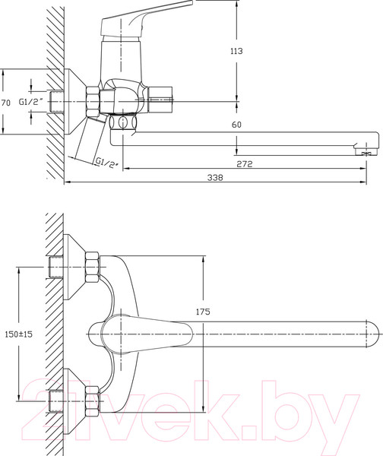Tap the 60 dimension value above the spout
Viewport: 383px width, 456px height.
point(237,125)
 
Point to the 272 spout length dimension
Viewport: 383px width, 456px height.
point(244,164)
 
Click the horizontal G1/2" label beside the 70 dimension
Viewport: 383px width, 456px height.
point(32,102)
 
